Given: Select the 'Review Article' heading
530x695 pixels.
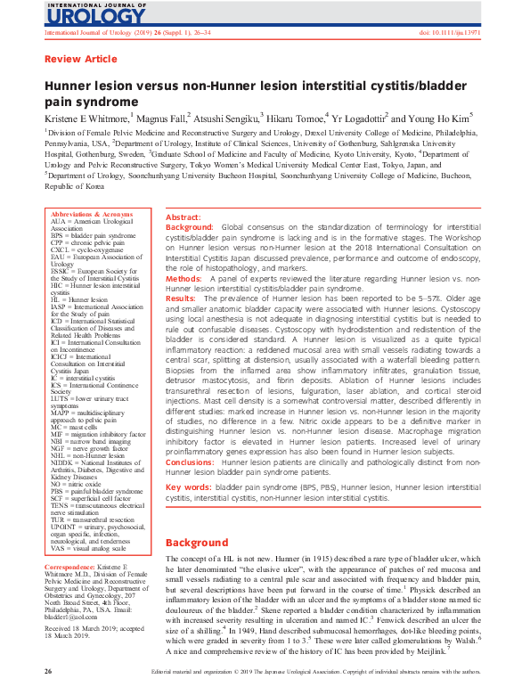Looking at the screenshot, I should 80,60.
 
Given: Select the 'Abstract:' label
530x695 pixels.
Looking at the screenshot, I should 183,217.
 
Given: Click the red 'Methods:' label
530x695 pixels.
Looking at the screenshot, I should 183,278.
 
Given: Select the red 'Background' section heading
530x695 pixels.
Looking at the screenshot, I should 198,543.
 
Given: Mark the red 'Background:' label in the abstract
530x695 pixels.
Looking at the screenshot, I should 190,228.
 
